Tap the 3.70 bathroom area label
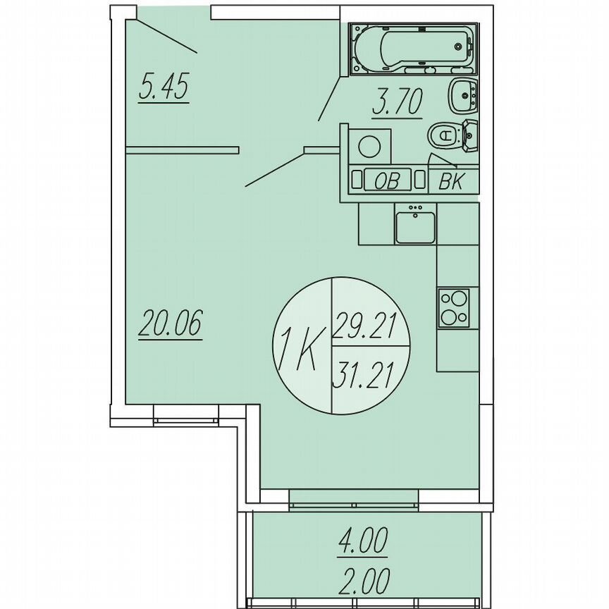(x=396, y=104)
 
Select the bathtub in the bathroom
(x=412, y=49)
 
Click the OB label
(x=386, y=181)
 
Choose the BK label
(x=451, y=182)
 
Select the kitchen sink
(x=415, y=226)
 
